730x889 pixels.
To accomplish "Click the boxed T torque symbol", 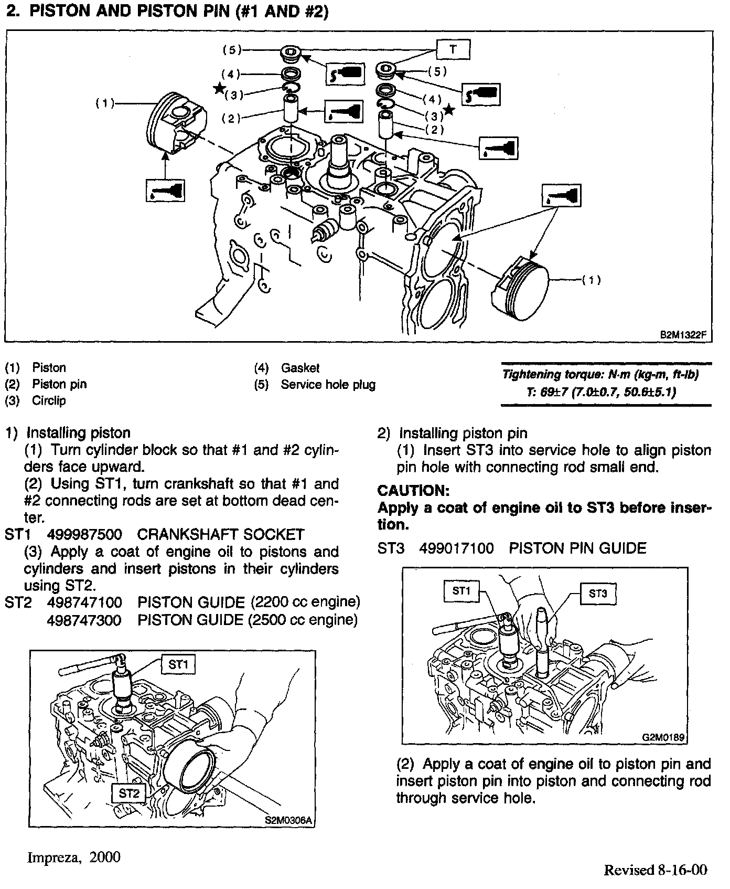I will pos(453,50).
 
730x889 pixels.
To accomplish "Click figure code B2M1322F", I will pos(682,334).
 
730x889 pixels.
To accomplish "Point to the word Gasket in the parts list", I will pos(300,368).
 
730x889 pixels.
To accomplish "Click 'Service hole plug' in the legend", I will pos(328,385).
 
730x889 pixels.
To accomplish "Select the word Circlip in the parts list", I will pos(49,401).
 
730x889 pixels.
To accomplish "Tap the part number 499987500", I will pos(84,534).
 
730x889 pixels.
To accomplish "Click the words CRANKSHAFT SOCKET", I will pos(220,534).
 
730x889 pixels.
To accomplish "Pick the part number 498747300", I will pos(84,620).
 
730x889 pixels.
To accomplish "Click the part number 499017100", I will pos(456,548).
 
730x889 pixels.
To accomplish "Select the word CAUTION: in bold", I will pos(414,491).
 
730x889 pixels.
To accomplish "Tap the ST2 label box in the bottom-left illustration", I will pos(128,793).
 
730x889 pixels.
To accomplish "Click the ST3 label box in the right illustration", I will pos(597,594).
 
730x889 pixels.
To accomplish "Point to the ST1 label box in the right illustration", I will pos(461,591).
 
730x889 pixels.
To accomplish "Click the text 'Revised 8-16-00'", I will pos(656,870).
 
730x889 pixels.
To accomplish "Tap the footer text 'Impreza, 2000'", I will pos(73,858).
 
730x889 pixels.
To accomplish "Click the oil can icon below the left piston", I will pos(165,190).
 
